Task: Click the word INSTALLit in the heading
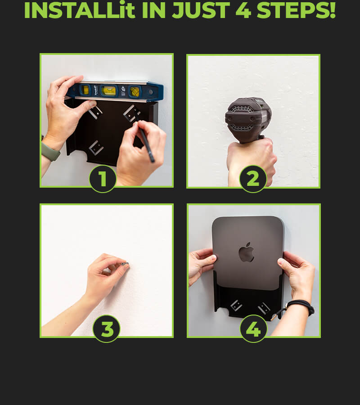(80, 10)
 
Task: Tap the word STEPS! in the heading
(296, 10)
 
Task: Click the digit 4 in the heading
(243, 10)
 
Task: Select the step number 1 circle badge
(103, 179)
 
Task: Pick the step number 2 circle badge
(253, 179)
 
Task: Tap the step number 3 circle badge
(106, 329)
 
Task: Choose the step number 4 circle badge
(253, 329)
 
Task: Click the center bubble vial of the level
(109, 90)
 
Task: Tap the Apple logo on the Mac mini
(246, 252)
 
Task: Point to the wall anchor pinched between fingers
(126, 264)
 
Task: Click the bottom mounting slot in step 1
(96, 148)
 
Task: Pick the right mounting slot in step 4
(264, 308)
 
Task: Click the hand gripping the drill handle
(252, 161)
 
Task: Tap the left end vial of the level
(85, 90)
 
